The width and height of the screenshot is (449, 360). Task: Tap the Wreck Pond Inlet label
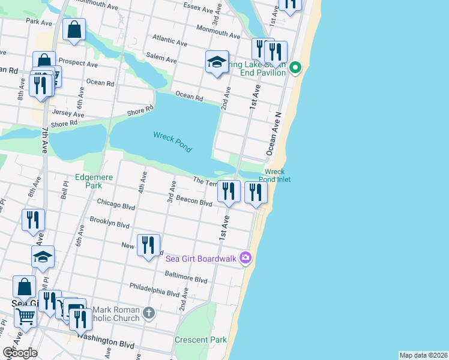point(275,175)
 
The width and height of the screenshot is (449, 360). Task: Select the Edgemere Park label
point(89,181)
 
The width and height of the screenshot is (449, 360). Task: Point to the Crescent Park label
point(200,340)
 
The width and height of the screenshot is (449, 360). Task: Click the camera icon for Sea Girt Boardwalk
point(245,258)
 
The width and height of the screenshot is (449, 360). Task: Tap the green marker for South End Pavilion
point(295,67)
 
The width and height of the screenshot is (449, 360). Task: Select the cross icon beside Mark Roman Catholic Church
point(149,313)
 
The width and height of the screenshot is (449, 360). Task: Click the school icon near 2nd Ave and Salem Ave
point(217,62)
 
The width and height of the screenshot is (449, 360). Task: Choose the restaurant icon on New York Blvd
point(148,245)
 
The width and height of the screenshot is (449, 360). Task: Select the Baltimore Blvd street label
point(186,278)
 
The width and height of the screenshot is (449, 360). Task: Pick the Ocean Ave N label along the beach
point(274,132)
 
